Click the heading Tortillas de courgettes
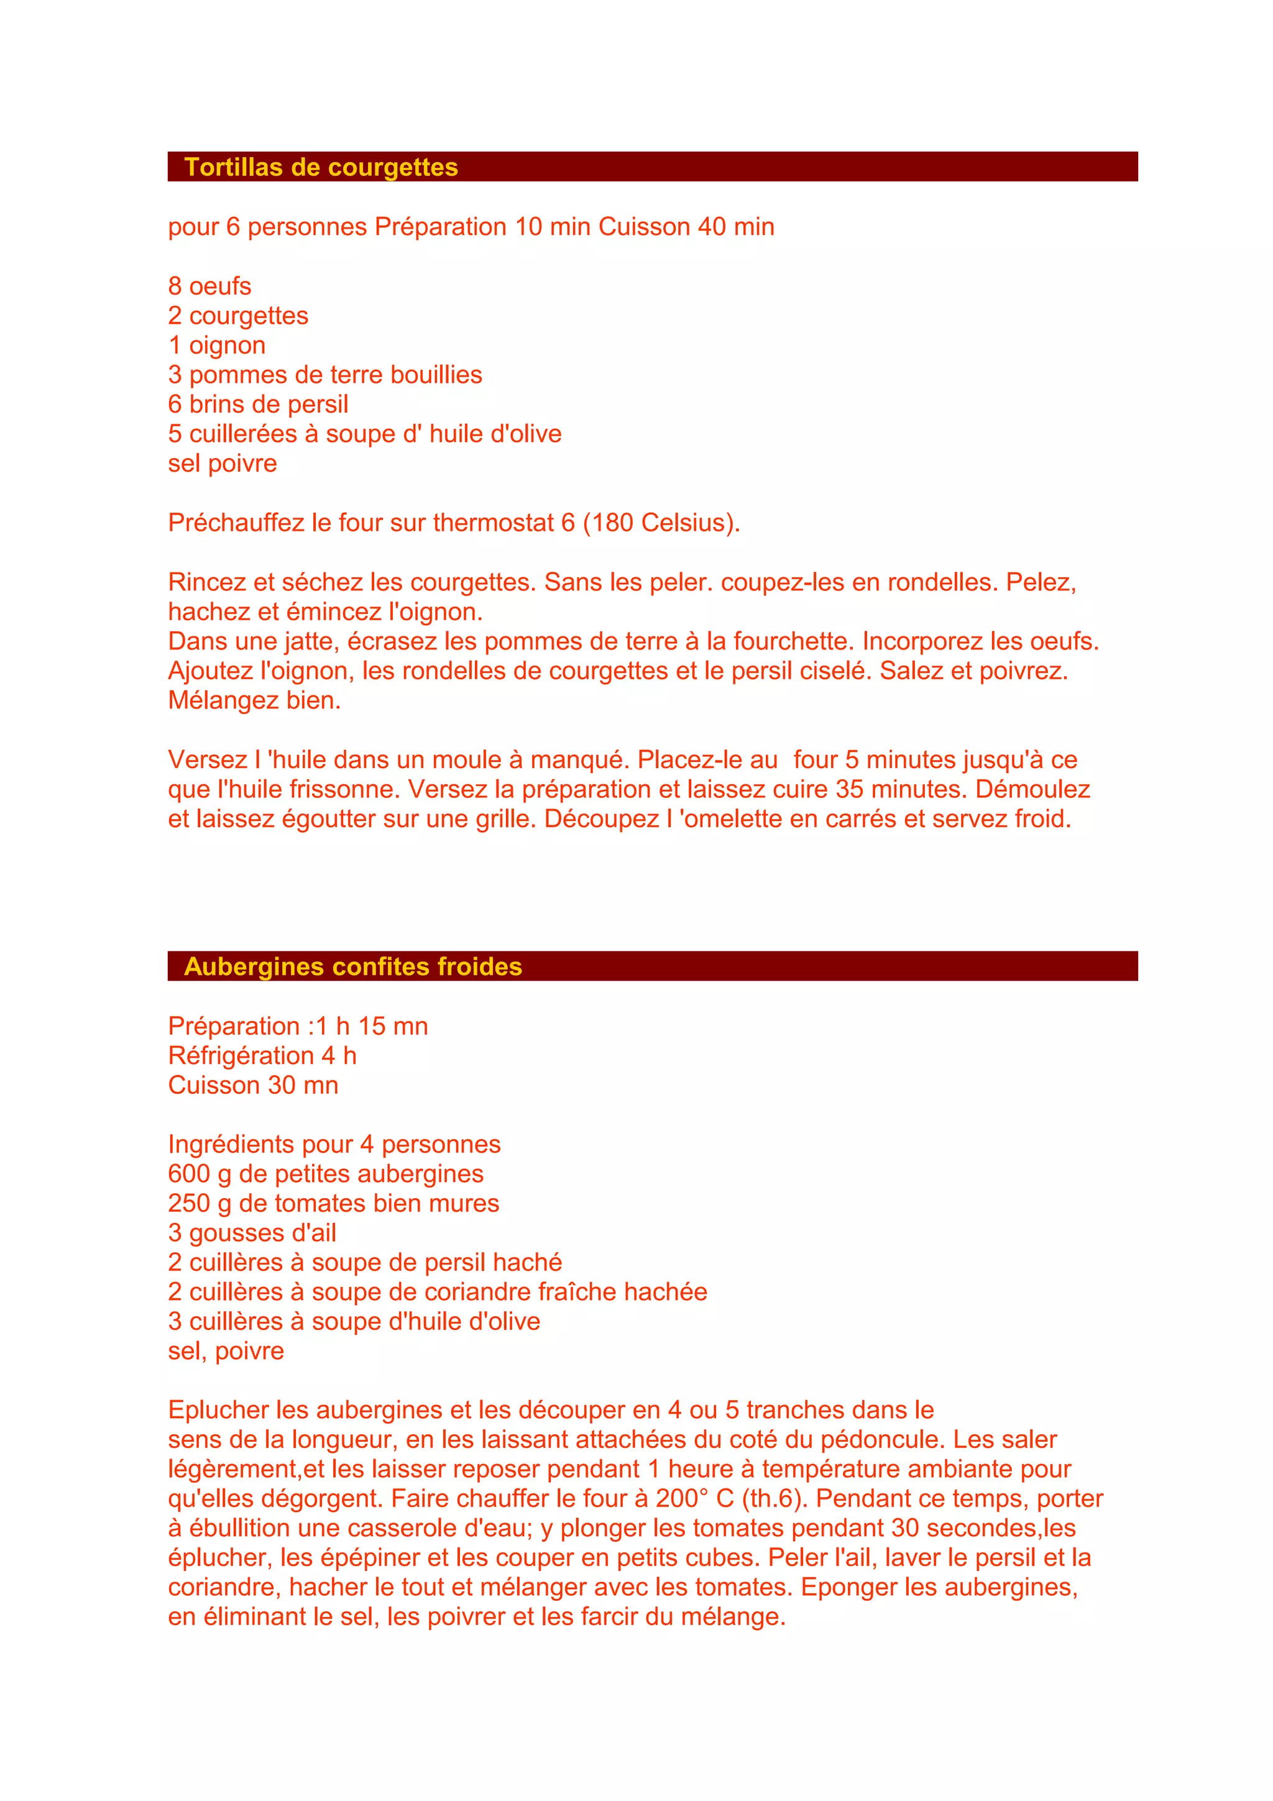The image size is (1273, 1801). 321,167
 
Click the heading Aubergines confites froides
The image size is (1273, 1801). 353,966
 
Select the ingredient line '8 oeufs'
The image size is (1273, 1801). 209,286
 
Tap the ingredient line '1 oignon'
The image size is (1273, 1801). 216,345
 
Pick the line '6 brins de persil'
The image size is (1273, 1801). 258,405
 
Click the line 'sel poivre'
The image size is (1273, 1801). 222,464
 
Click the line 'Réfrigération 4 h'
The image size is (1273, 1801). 262,1056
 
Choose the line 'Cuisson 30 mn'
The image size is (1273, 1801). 252,1086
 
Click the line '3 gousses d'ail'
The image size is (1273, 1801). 252,1233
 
